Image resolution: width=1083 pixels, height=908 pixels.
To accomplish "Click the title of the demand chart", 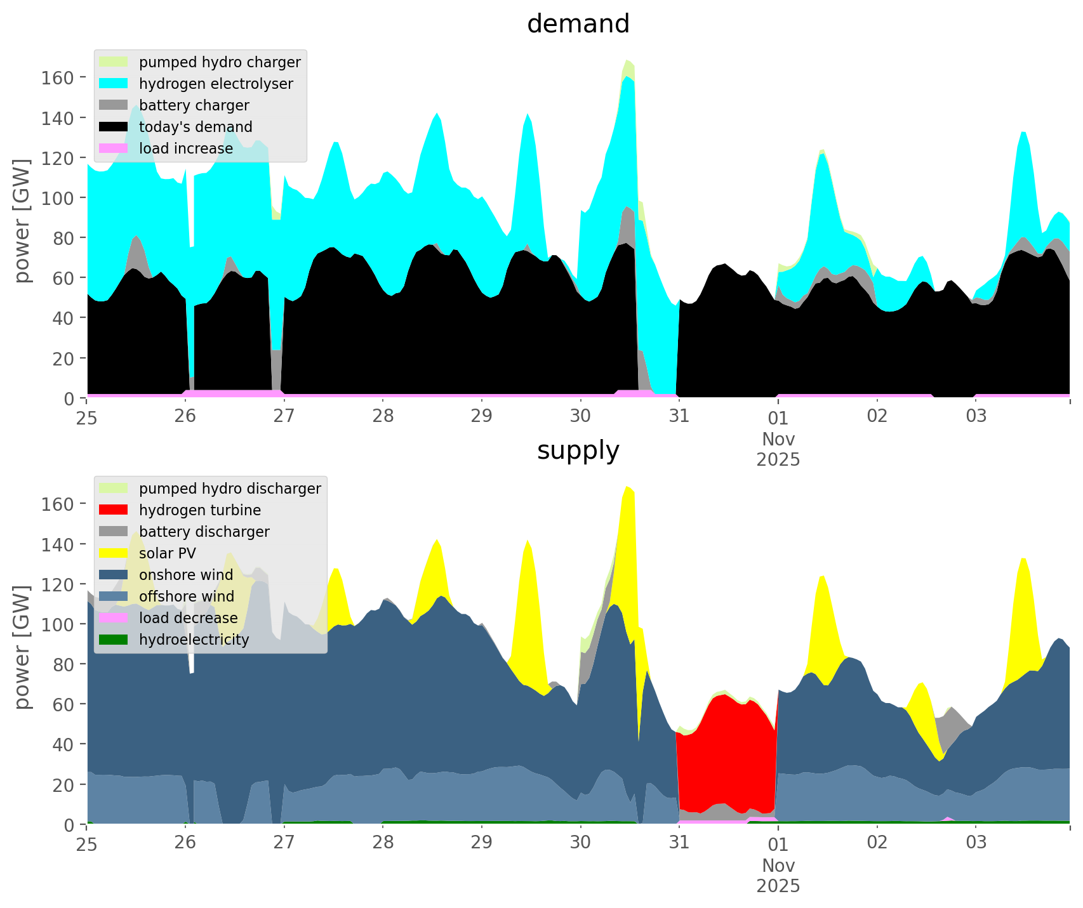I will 578,24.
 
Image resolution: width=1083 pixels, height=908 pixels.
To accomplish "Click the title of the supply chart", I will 578,451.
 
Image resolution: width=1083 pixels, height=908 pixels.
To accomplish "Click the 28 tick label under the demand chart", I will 383,416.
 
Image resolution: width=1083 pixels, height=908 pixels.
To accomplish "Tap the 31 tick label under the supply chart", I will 679,843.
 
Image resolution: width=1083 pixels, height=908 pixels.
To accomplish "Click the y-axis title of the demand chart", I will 22,221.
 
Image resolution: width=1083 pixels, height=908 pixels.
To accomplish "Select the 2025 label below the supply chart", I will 778,886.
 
